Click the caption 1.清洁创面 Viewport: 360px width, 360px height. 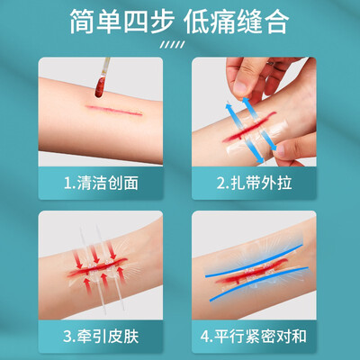pyautogui.click(x=101, y=183)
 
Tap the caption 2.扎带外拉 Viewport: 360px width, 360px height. pyautogui.click(x=254, y=183)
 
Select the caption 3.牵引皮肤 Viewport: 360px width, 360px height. pyautogui.click(x=101, y=337)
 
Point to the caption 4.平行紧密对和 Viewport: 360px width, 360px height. pyautogui.click(x=254, y=337)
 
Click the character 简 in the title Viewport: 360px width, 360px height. pyautogui.click(x=82, y=22)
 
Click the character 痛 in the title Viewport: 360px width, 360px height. pyautogui.click(x=223, y=22)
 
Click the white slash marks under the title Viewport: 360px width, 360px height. pyautogui.click(x=172, y=45)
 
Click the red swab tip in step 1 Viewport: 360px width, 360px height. pyautogui.click(x=100, y=86)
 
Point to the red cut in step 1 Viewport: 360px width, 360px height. pyautogui.click(x=114, y=110)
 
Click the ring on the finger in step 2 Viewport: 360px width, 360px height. pyautogui.click(x=270, y=63)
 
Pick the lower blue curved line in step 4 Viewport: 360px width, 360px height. pyautogui.click(x=259, y=284)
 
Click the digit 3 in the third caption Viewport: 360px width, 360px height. pyautogui.click(x=67, y=337)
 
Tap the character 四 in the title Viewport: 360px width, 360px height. pyautogui.click(x=136, y=22)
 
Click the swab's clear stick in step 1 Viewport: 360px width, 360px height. pyautogui.click(x=105, y=67)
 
